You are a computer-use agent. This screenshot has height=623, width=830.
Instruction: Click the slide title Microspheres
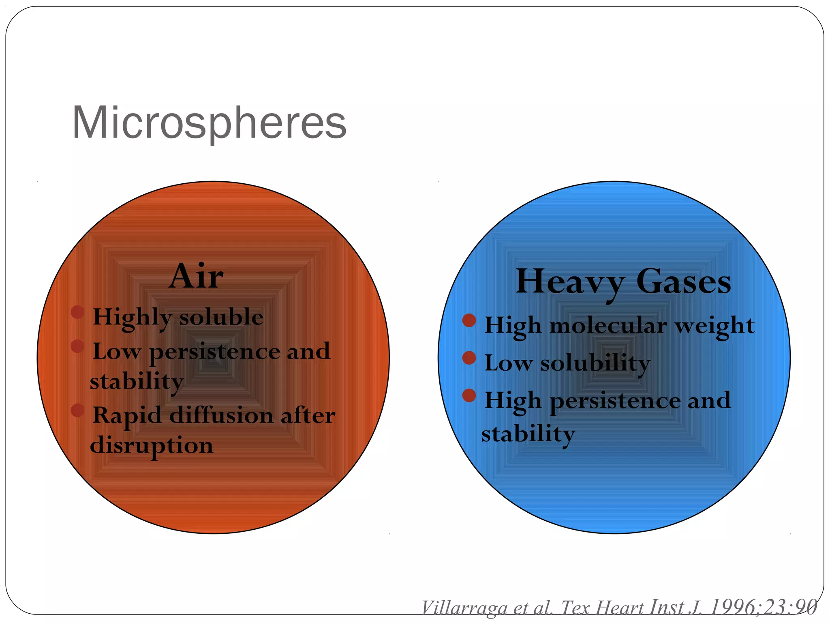[209, 123]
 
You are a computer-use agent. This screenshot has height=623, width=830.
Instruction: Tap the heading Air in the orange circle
[196, 277]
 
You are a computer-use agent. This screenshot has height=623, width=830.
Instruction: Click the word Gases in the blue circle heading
[684, 282]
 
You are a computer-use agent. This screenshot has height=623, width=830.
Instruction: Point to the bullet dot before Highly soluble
[77, 312]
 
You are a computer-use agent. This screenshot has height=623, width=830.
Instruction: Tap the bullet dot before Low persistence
[77, 346]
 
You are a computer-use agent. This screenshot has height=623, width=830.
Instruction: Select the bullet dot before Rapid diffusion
[77, 410]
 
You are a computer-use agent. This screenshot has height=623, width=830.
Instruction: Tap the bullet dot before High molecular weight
[469, 320]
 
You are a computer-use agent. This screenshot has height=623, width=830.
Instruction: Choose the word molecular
[608, 326]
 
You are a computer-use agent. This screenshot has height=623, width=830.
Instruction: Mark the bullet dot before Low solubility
[469, 358]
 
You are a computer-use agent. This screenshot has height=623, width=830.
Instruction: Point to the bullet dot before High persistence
[469, 395]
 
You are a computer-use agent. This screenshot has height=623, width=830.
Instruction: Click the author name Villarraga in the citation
[464, 608]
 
